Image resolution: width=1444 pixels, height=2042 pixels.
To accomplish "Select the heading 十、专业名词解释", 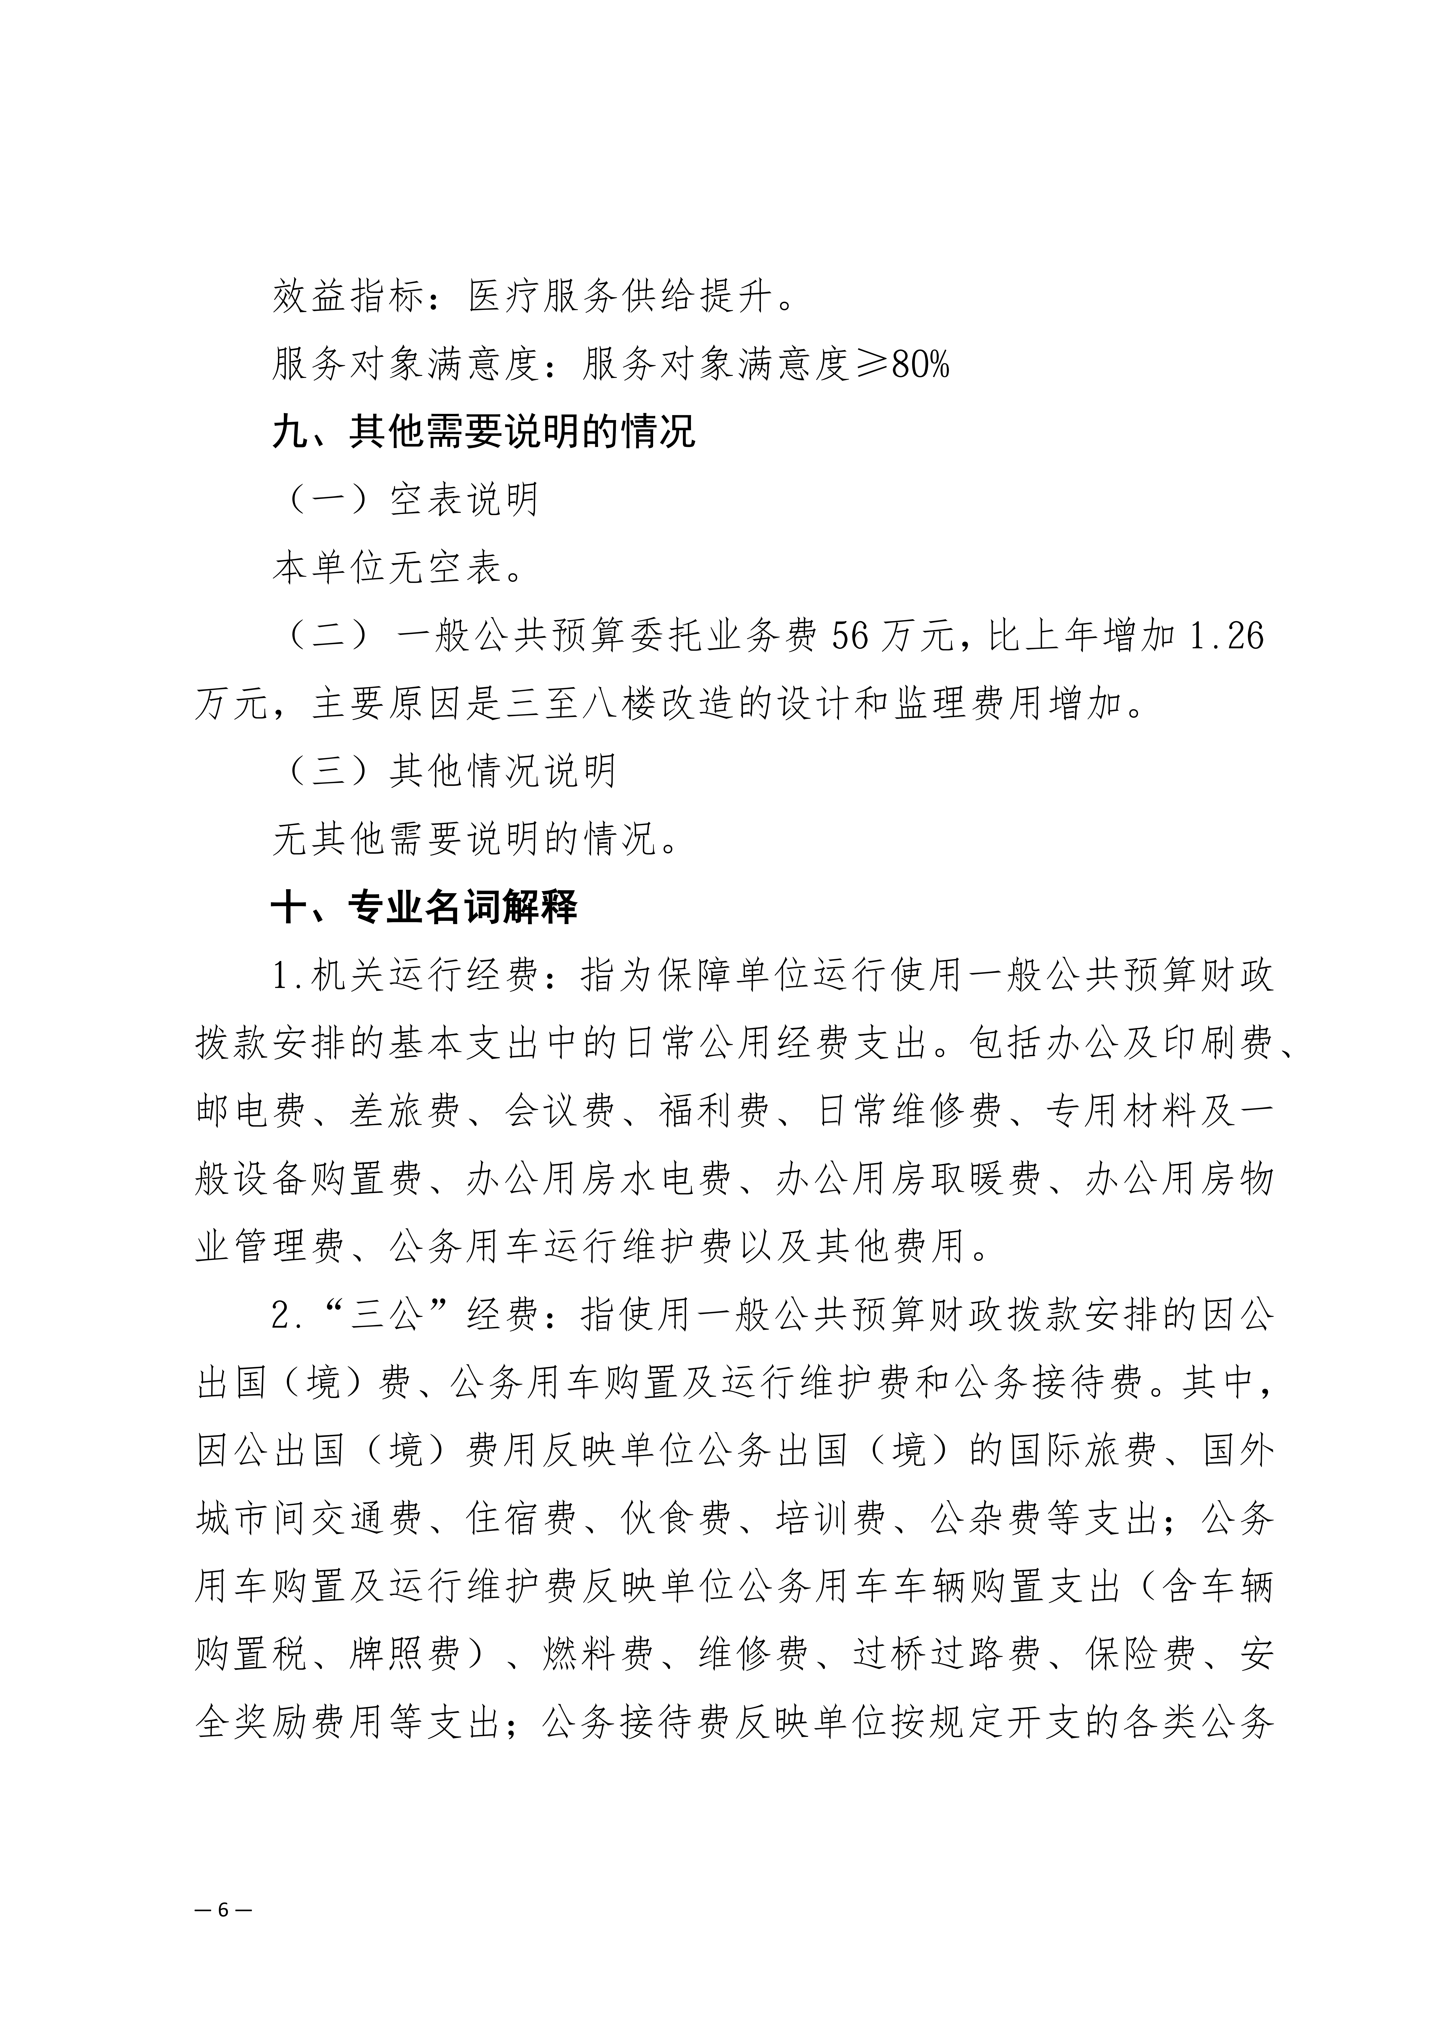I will (x=425, y=907).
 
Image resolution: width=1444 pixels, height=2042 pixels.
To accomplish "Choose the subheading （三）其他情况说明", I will (x=449, y=771).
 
